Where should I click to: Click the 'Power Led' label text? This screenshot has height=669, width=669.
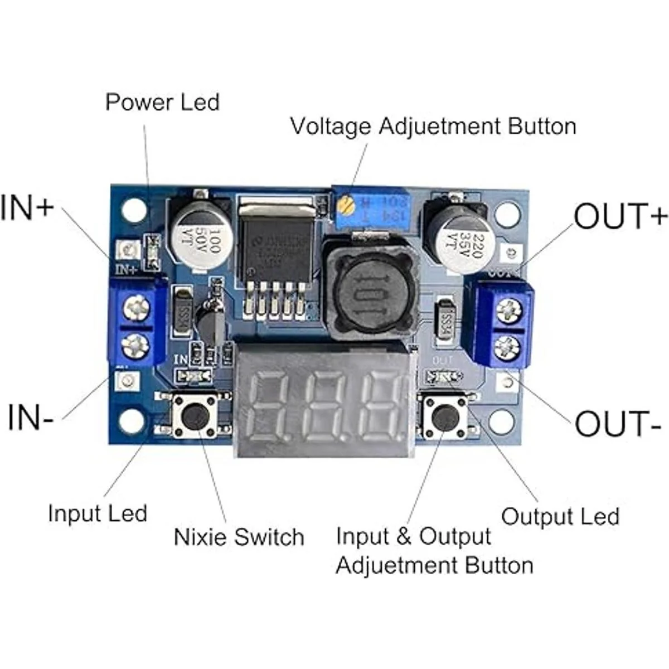click(162, 103)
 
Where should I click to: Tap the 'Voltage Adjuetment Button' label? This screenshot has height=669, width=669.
click(433, 126)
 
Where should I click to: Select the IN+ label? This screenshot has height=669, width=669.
click(27, 207)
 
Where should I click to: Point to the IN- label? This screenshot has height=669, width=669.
click(31, 418)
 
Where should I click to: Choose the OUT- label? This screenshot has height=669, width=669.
click(618, 424)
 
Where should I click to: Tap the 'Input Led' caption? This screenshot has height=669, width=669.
click(98, 513)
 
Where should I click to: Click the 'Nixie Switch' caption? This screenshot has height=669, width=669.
click(239, 537)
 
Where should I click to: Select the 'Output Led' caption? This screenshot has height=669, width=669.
click(560, 516)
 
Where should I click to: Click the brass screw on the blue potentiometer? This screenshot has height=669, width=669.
click(347, 208)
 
